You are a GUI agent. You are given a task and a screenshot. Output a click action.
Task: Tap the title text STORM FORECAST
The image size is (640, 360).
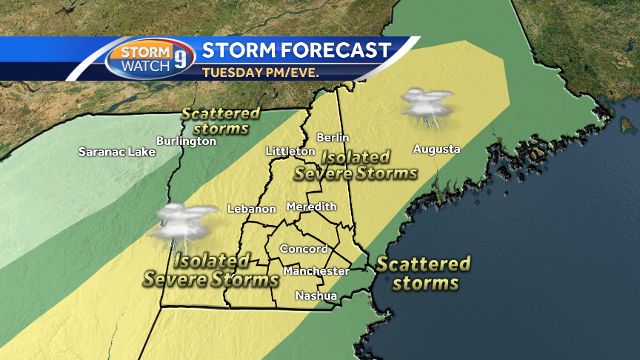point(296,50)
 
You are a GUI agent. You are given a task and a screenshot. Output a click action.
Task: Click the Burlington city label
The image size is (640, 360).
point(186,141)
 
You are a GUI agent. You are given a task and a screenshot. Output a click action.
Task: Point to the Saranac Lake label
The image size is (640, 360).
point(117,153)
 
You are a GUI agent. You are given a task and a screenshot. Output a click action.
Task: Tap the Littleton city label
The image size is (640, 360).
point(290,151)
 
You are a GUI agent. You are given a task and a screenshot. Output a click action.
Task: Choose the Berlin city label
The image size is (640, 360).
point(332,137)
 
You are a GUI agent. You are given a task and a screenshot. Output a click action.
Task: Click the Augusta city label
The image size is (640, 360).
point(436,149)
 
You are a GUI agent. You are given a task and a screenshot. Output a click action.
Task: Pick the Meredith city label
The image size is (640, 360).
point(311,206)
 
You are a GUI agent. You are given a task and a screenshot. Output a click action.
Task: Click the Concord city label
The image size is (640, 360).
point(304,249)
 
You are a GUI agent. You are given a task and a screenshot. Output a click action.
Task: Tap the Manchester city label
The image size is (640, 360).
point(316,271)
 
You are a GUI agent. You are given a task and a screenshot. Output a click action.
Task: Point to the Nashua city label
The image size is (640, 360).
point(316,296)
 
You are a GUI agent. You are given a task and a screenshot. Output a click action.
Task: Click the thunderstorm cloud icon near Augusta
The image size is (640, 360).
point(426,103)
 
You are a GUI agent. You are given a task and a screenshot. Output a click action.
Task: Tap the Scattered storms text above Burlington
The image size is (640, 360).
point(220,121)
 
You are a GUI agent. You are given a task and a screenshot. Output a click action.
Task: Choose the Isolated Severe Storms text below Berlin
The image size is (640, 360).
point(356,165)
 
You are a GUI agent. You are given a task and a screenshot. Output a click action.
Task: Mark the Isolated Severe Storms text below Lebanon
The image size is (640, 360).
point(210,270)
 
